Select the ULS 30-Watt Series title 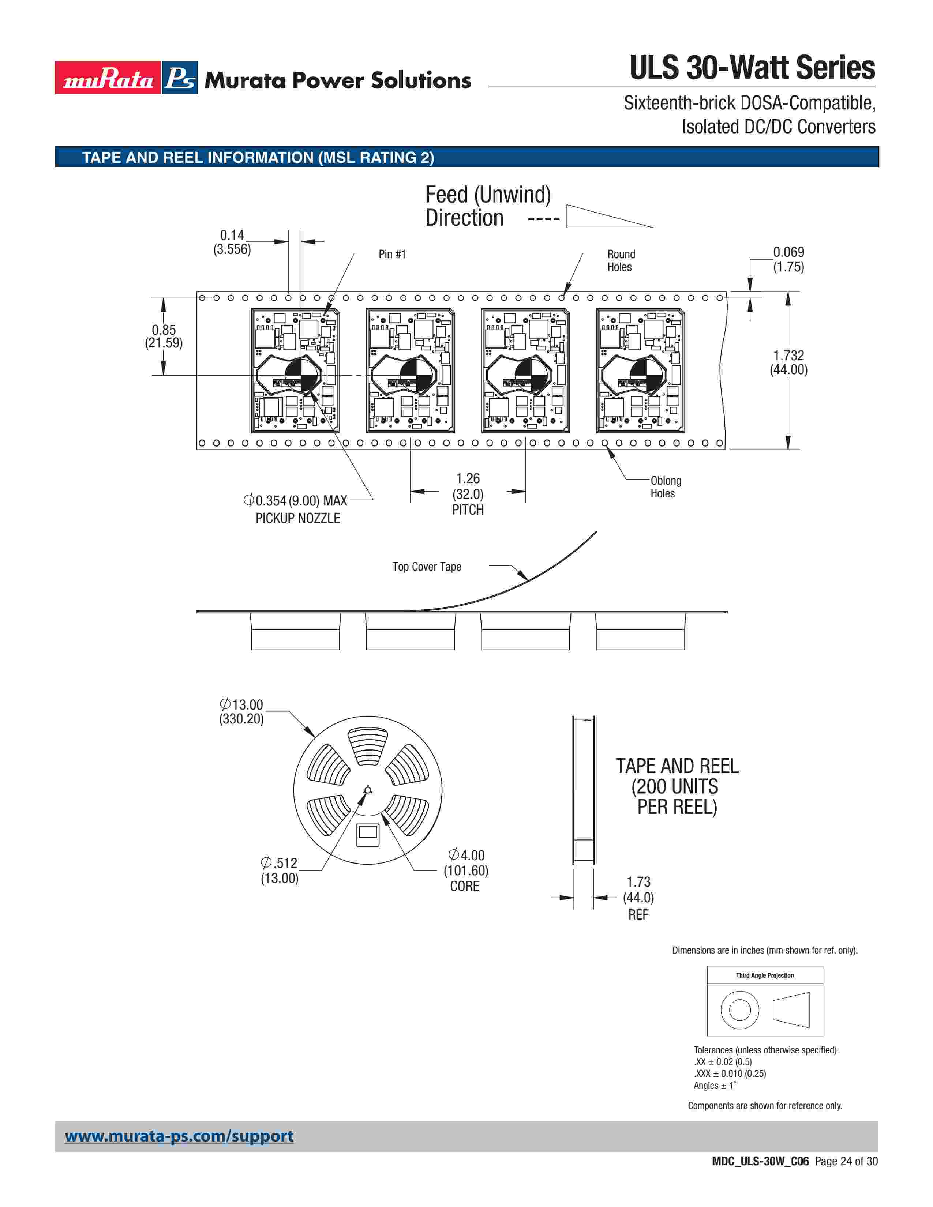tap(752, 68)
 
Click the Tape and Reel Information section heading tap(258, 158)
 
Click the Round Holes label tap(621, 260)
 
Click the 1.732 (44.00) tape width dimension tap(788, 362)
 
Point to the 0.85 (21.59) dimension tap(164, 336)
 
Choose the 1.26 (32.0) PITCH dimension tap(468, 493)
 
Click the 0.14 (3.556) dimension tap(232, 242)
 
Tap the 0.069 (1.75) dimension tap(788, 259)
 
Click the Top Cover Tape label tap(426, 567)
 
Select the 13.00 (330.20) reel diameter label tap(241, 711)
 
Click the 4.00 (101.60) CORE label tap(465, 871)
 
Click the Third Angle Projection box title tap(764, 975)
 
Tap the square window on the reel tap(368, 834)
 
